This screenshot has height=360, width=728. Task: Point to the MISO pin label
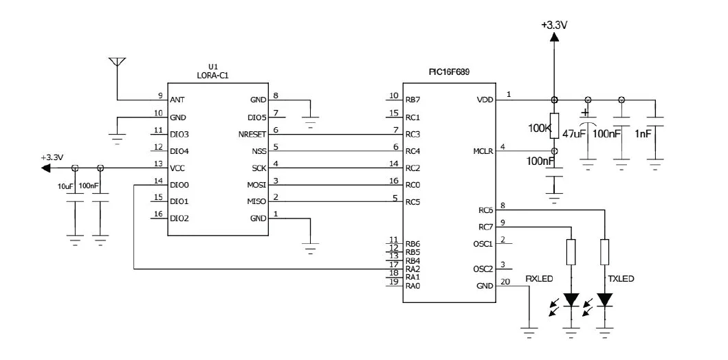click(x=256, y=202)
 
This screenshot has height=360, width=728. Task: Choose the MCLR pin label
click(x=483, y=151)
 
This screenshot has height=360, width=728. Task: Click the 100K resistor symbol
click(x=554, y=125)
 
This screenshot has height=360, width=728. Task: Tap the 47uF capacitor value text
click(x=573, y=133)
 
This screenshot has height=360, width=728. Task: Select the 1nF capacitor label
click(x=643, y=133)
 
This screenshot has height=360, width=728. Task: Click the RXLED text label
click(x=539, y=279)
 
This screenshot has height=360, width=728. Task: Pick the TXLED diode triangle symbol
click(x=604, y=300)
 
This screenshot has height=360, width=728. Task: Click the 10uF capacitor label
click(x=66, y=186)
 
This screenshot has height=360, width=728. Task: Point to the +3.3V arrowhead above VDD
click(x=554, y=36)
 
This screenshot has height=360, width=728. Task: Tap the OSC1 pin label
click(x=483, y=244)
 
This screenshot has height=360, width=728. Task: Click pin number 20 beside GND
click(x=505, y=282)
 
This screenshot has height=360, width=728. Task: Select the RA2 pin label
click(x=412, y=269)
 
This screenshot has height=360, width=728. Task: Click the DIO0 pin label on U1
click(x=179, y=185)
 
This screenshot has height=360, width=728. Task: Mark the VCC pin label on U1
click(x=178, y=168)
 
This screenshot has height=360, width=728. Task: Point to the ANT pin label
click(x=177, y=100)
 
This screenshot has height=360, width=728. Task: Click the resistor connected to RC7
click(x=571, y=252)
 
